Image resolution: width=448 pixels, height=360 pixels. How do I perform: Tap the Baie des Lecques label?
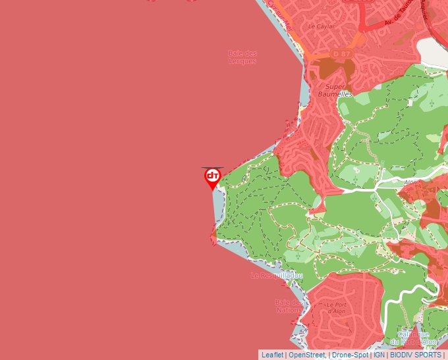(x=242, y=57)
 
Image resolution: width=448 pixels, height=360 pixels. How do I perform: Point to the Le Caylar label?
(x=322, y=27)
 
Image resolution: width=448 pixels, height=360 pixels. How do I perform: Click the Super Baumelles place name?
(x=335, y=90)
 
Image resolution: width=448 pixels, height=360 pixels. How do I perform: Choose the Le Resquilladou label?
(x=277, y=275)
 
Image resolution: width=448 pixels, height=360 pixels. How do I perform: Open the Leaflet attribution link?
(x=272, y=355)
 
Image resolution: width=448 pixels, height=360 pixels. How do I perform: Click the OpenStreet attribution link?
(x=307, y=355)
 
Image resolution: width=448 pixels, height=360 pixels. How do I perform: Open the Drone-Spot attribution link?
(x=350, y=355)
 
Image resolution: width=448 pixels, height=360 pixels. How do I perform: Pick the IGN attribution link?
(x=379, y=355)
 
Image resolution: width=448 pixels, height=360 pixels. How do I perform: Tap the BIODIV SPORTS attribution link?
(x=416, y=355)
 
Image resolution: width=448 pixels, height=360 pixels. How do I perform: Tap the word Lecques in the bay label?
(x=242, y=61)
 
